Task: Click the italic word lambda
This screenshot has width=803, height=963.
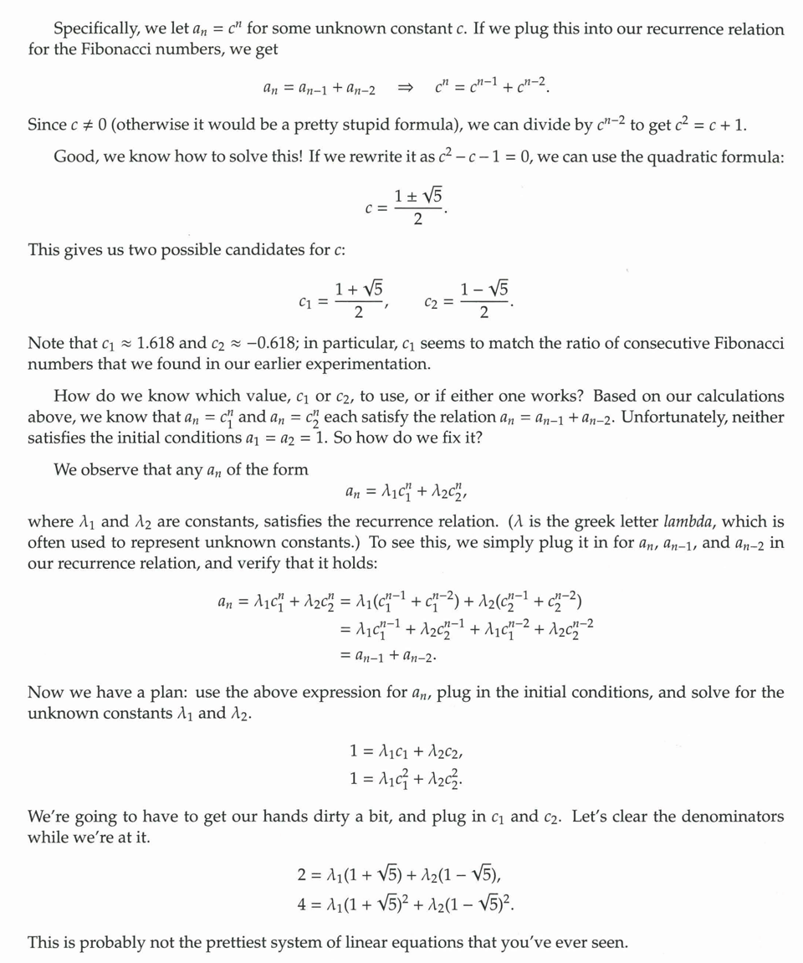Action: (688, 522)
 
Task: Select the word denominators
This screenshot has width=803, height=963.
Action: (726, 817)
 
